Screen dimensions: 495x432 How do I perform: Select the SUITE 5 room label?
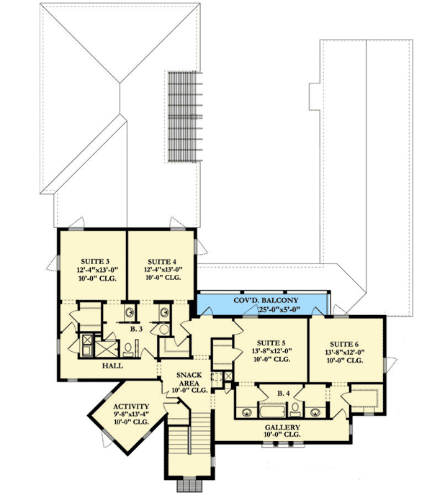pos(270,342)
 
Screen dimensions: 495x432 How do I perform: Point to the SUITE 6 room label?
pos(346,342)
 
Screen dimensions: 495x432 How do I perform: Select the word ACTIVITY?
pos(130,405)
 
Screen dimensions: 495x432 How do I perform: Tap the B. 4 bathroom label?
pos(283,394)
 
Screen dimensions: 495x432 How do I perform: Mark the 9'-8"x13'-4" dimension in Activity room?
pos(130,414)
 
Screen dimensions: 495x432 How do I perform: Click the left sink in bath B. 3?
pos(130,313)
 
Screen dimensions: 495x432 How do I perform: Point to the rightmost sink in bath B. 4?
pos(316,413)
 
